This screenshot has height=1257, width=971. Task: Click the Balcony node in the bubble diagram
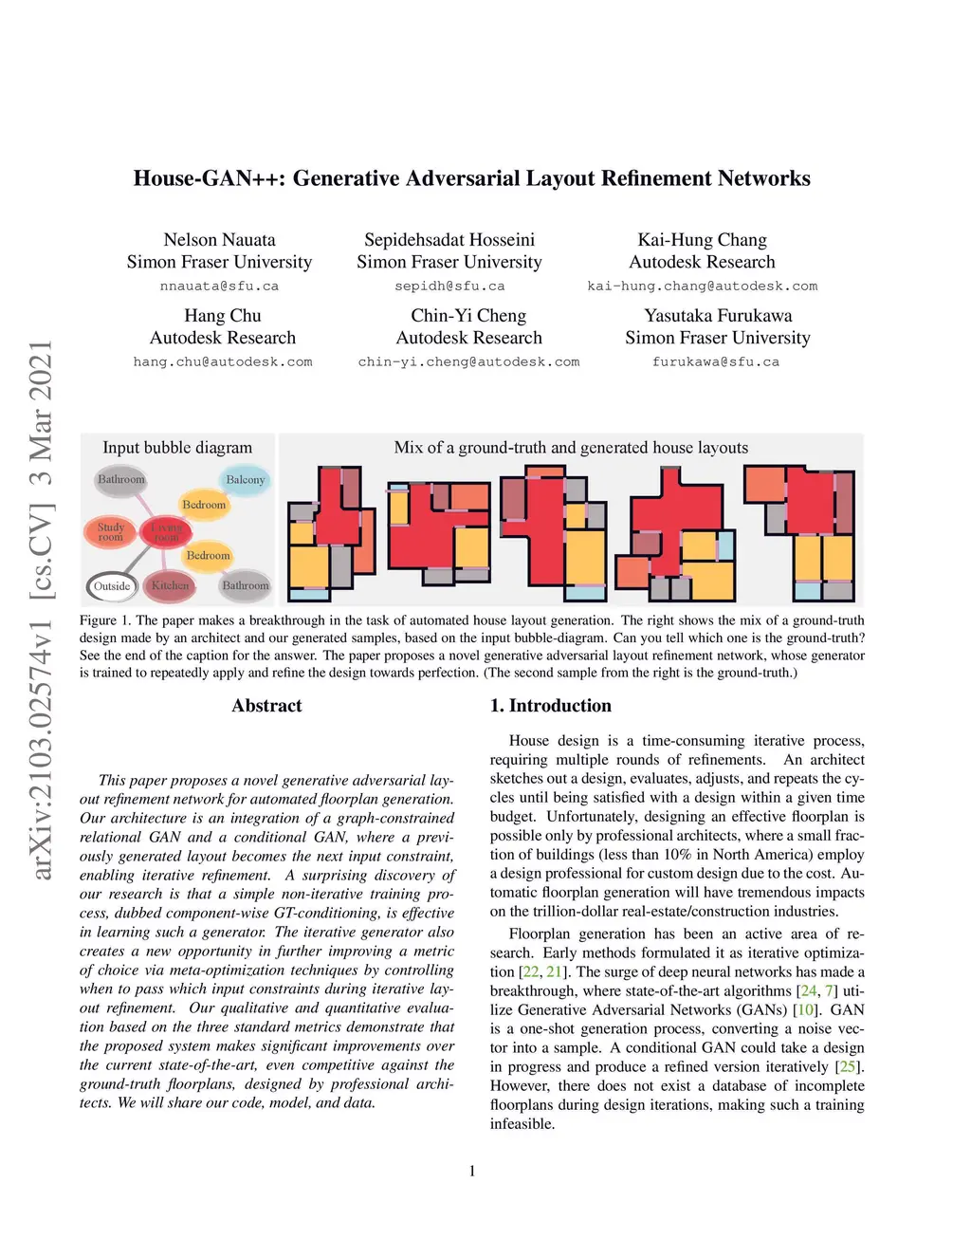coord(245,480)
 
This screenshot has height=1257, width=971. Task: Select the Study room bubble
coord(111,532)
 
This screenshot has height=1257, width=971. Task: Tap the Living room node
coord(166,532)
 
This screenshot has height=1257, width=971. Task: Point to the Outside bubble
coord(112,586)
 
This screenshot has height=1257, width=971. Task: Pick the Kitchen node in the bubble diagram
coord(170,585)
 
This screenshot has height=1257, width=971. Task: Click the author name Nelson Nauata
coord(219,240)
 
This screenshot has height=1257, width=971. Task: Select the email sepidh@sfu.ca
coord(449,286)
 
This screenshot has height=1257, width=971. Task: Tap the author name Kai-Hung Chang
coord(702,240)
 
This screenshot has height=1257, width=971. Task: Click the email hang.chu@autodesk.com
coord(223,361)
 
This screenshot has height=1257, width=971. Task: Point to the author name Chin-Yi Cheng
coord(468,316)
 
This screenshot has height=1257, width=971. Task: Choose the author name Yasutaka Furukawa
coord(718,316)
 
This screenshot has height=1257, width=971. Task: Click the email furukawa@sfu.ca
coord(716,361)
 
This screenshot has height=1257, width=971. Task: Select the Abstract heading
coord(266,706)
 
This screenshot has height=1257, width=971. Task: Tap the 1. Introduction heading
coord(550,706)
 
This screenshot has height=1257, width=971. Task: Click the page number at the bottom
coord(472,1171)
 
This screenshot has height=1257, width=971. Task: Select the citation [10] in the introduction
coord(805,1010)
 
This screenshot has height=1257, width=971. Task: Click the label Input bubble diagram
coord(177,448)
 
